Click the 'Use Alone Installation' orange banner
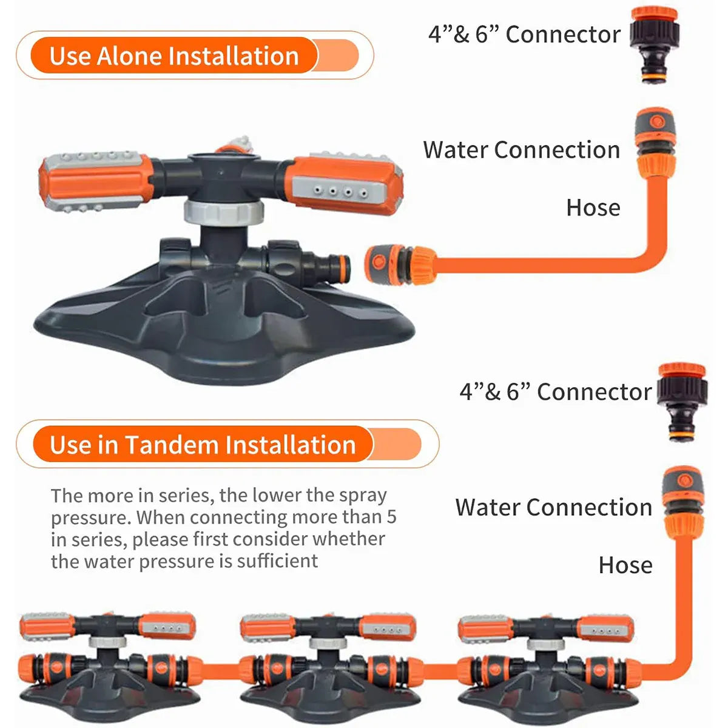tap(195, 56)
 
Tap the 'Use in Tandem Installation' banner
tap(227, 444)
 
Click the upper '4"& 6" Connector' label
tap(524, 35)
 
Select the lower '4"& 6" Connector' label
tap(556, 392)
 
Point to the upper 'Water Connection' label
tap(521, 150)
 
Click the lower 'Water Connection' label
tap(553, 507)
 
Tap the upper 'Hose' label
tap(593, 208)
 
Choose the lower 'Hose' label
tap(625, 565)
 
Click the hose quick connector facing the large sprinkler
tap(400, 264)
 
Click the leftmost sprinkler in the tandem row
tap(110, 662)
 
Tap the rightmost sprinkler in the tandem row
tap(548, 662)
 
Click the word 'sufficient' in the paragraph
tap(277, 561)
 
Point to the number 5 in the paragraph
tap(391, 517)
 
